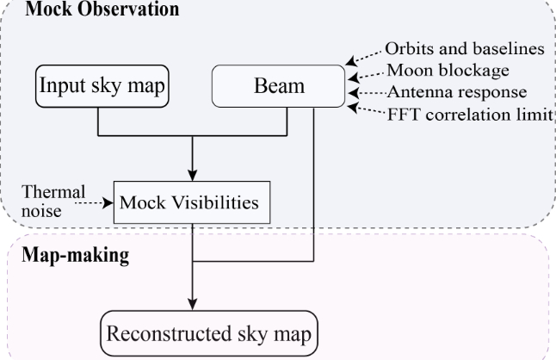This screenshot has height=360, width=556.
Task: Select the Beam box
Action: (279, 88)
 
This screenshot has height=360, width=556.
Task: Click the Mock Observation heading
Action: (102, 10)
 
